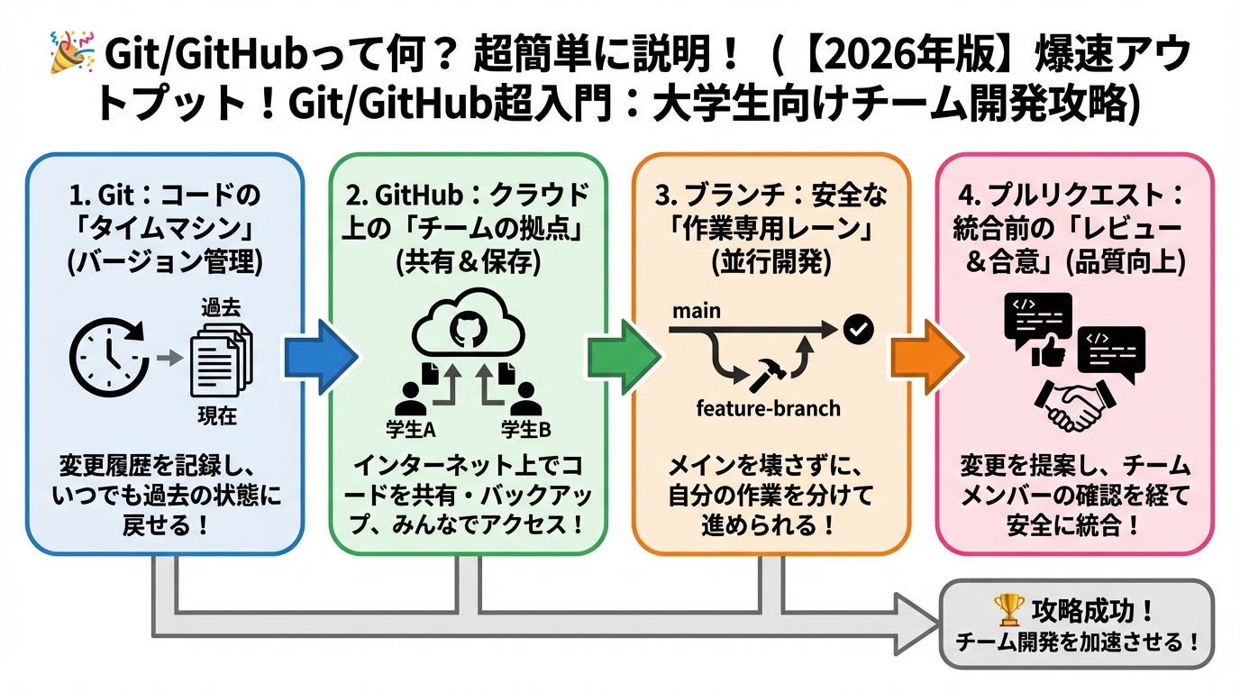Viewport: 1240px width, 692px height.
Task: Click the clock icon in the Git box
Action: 110,360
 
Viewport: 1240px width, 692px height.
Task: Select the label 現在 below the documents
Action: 217,415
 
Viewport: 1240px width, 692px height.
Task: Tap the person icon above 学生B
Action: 526,397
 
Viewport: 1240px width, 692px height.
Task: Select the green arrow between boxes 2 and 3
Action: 619,360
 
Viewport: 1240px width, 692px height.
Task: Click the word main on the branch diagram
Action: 696,311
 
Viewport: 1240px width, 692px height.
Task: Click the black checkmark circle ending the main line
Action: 858,331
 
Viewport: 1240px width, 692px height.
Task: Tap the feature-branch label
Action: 768,408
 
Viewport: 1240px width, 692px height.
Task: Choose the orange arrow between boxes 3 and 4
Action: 921,360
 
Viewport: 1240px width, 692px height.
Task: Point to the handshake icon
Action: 1075,403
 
